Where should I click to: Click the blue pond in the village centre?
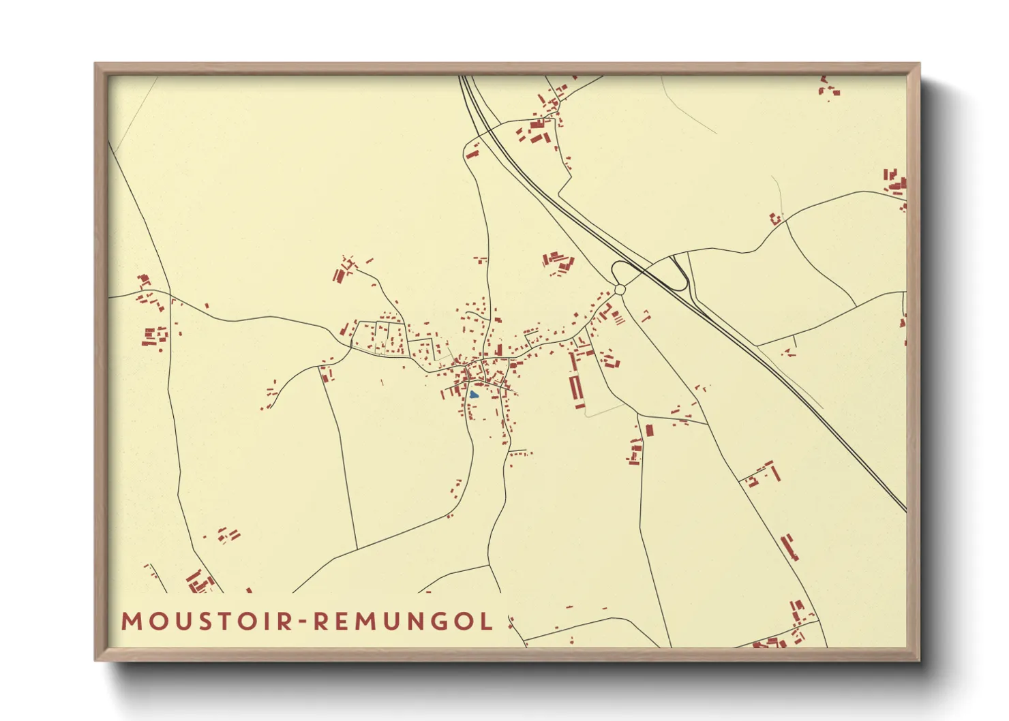pyautogui.click(x=474, y=395)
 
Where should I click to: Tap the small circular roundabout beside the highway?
pyautogui.click(x=620, y=290)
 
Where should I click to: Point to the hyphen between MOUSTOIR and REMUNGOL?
pyautogui.click(x=304, y=622)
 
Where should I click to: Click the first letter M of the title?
pyautogui.click(x=130, y=622)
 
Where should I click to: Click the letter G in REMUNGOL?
pyautogui.click(x=441, y=622)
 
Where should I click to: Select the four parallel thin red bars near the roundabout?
pyautogui.click(x=618, y=317)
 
